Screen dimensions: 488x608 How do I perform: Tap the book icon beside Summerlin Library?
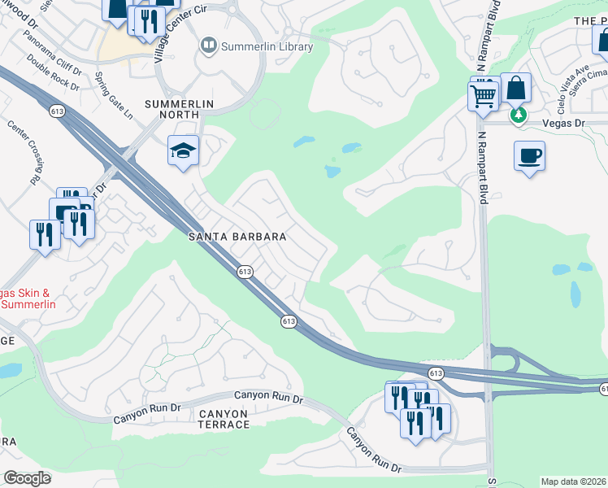click(x=209, y=46)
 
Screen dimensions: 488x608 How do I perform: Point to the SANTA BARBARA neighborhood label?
click(x=237, y=237)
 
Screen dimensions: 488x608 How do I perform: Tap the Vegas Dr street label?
click(x=562, y=123)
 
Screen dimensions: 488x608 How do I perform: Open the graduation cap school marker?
click(x=184, y=150)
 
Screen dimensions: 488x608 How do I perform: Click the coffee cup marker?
click(x=529, y=155)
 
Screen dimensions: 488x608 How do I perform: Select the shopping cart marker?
click(x=484, y=97)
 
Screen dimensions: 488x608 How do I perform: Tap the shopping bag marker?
click(x=516, y=89)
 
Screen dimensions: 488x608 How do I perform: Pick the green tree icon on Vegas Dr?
click(x=518, y=116)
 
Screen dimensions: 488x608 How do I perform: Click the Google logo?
click(x=28, y=478)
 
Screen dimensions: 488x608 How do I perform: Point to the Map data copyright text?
click(x=574, y=481)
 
